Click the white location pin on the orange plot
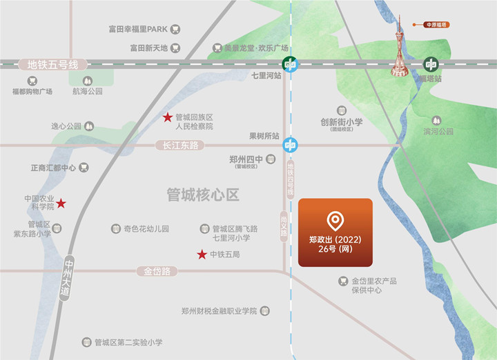[x=335, y=221]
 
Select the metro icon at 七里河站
[x=291, y=65]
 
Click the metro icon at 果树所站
[x=291, y=146]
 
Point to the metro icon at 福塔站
[x=431, y=65]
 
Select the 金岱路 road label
[x=157, y=272]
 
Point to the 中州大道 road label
[x=67, y=278]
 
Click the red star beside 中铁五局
[x=202, y=254]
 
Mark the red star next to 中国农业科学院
[x=61, y=203]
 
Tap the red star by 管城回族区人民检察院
[x=167, y=117]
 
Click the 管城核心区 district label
[x=203, y=195]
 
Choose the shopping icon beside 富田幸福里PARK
[x=175, y=30]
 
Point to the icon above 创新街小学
[x=341, y=110]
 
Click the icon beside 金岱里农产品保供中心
[x=343, y=281]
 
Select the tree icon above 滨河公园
[x=436, y=121]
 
